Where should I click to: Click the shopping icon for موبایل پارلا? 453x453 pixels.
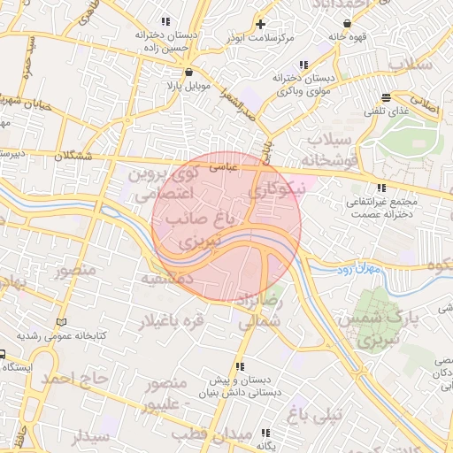tap(188, 73)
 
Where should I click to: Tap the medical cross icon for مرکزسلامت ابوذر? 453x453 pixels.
tap(260, 24)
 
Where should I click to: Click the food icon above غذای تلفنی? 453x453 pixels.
tap(385, 97)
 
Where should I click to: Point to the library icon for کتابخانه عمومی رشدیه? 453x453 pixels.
tap(60, 322)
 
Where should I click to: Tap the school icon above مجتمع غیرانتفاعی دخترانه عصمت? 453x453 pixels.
tap(381, 188)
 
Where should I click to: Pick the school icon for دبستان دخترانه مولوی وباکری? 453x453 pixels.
tap(304, 65)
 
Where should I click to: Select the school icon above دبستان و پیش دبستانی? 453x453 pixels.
tap(239, 366)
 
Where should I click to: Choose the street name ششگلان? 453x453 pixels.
tap(73, 156)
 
